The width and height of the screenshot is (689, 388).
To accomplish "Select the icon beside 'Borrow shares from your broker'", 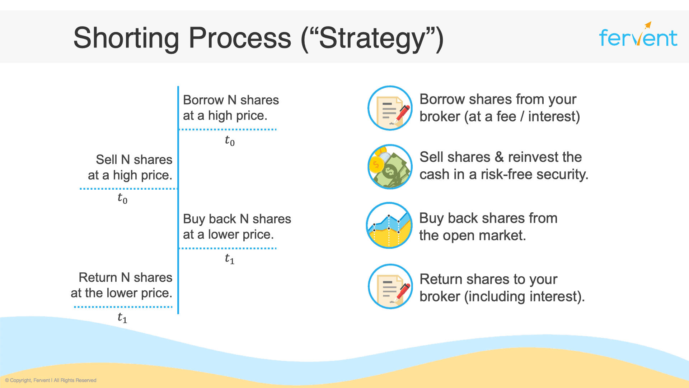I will click(390, 108).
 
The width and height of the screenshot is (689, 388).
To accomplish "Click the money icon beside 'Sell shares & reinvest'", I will click(390, 167).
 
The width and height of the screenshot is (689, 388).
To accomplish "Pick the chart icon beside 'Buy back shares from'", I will click(389, 225).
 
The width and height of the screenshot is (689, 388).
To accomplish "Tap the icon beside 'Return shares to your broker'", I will click(390, 287).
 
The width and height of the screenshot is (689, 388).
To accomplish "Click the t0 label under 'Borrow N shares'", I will click(230, 140).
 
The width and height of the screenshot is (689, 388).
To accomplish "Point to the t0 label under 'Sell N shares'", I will click(122, 198).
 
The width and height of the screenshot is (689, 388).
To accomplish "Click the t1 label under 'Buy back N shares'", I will click(230, 259).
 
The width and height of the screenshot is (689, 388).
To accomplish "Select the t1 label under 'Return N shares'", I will click(122, 318).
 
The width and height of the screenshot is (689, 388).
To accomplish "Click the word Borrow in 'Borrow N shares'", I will click(203, 100).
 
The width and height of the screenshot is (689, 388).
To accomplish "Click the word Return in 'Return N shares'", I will click(98, 277).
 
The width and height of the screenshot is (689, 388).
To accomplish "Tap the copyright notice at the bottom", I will click(51, 380).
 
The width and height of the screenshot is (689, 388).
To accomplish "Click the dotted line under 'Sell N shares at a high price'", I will click(128, 189).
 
